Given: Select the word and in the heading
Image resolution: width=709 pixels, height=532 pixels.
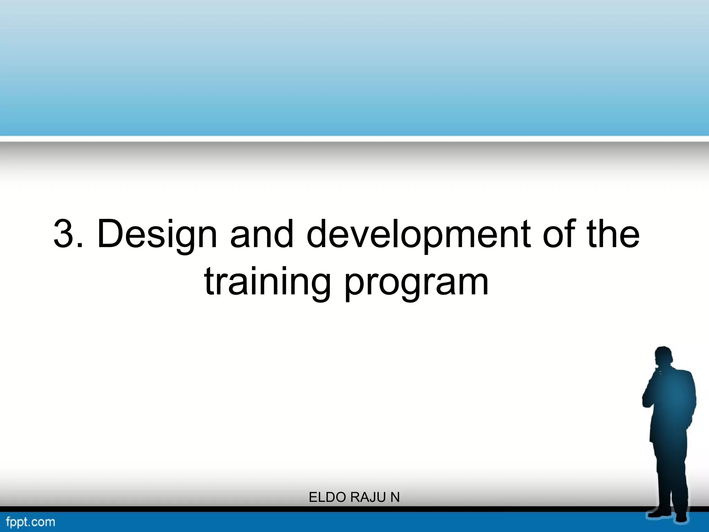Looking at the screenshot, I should [262, 234].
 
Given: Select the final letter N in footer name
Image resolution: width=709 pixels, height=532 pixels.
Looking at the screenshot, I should [395, 497].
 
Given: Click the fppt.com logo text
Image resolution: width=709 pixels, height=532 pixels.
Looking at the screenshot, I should [30, 522].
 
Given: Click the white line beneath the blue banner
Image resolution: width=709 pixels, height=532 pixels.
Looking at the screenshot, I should [354, 139].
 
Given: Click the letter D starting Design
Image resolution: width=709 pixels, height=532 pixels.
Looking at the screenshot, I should [110, 234].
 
